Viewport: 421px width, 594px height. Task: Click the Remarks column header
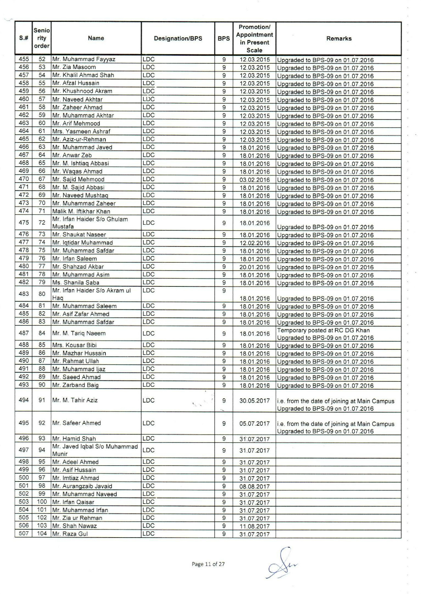point(339,39)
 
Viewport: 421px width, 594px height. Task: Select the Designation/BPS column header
point(178,39)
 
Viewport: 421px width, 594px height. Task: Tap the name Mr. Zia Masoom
point(74,67)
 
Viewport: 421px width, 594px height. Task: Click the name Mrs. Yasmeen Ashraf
point(81,131)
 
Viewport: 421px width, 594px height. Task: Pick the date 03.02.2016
point(255,180)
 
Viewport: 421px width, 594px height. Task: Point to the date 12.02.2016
point(255,243)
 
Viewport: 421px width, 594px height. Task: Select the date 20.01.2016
point(255,267)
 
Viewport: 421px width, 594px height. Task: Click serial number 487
point(24,333)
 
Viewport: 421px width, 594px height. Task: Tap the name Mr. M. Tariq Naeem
point(79,333)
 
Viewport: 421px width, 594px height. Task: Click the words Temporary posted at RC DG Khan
point(323,330)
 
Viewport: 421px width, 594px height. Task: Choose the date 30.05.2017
point(255,401)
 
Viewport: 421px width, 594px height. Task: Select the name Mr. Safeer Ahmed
point(76,423)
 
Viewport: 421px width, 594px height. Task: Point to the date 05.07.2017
point(255,423)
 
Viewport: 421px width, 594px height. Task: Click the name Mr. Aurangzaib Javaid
point(82,486)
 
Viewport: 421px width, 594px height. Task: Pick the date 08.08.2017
point(255,486)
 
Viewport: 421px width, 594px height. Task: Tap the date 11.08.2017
point(255,526)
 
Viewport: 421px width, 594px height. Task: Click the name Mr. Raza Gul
point(70,534)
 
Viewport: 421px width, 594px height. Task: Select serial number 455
point(24,59)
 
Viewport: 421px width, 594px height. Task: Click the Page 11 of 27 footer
point(208,564)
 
